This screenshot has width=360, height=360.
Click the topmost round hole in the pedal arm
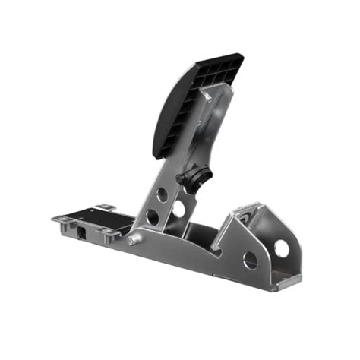click(x=162, y=194)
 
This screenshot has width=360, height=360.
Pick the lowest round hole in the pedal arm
click(x=153, y=216)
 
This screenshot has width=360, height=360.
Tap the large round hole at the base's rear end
click(x=281, y=248)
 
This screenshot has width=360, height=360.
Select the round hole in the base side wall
click(x=250, y=260)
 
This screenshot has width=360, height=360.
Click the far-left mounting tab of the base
click(x=58, y=220)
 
